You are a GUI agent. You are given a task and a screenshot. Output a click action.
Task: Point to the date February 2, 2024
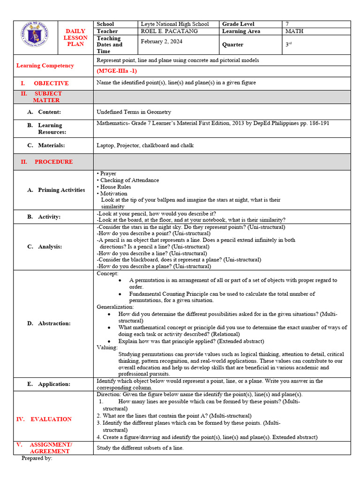tap(162, 41)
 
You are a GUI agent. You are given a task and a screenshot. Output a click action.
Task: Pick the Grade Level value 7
tap(288, 24)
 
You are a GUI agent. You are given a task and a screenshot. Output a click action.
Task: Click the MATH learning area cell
tap(294, 31)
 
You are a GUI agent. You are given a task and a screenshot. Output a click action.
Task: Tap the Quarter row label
tap(232, 45)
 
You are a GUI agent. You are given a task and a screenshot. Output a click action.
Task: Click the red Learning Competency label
tap(45, 66)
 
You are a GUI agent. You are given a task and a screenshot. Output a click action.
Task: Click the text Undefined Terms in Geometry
tap(134, 112)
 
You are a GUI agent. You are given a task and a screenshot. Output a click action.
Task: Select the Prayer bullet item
tap(107, 173)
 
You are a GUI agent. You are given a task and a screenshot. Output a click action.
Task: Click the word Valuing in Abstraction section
tap(107, 348)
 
